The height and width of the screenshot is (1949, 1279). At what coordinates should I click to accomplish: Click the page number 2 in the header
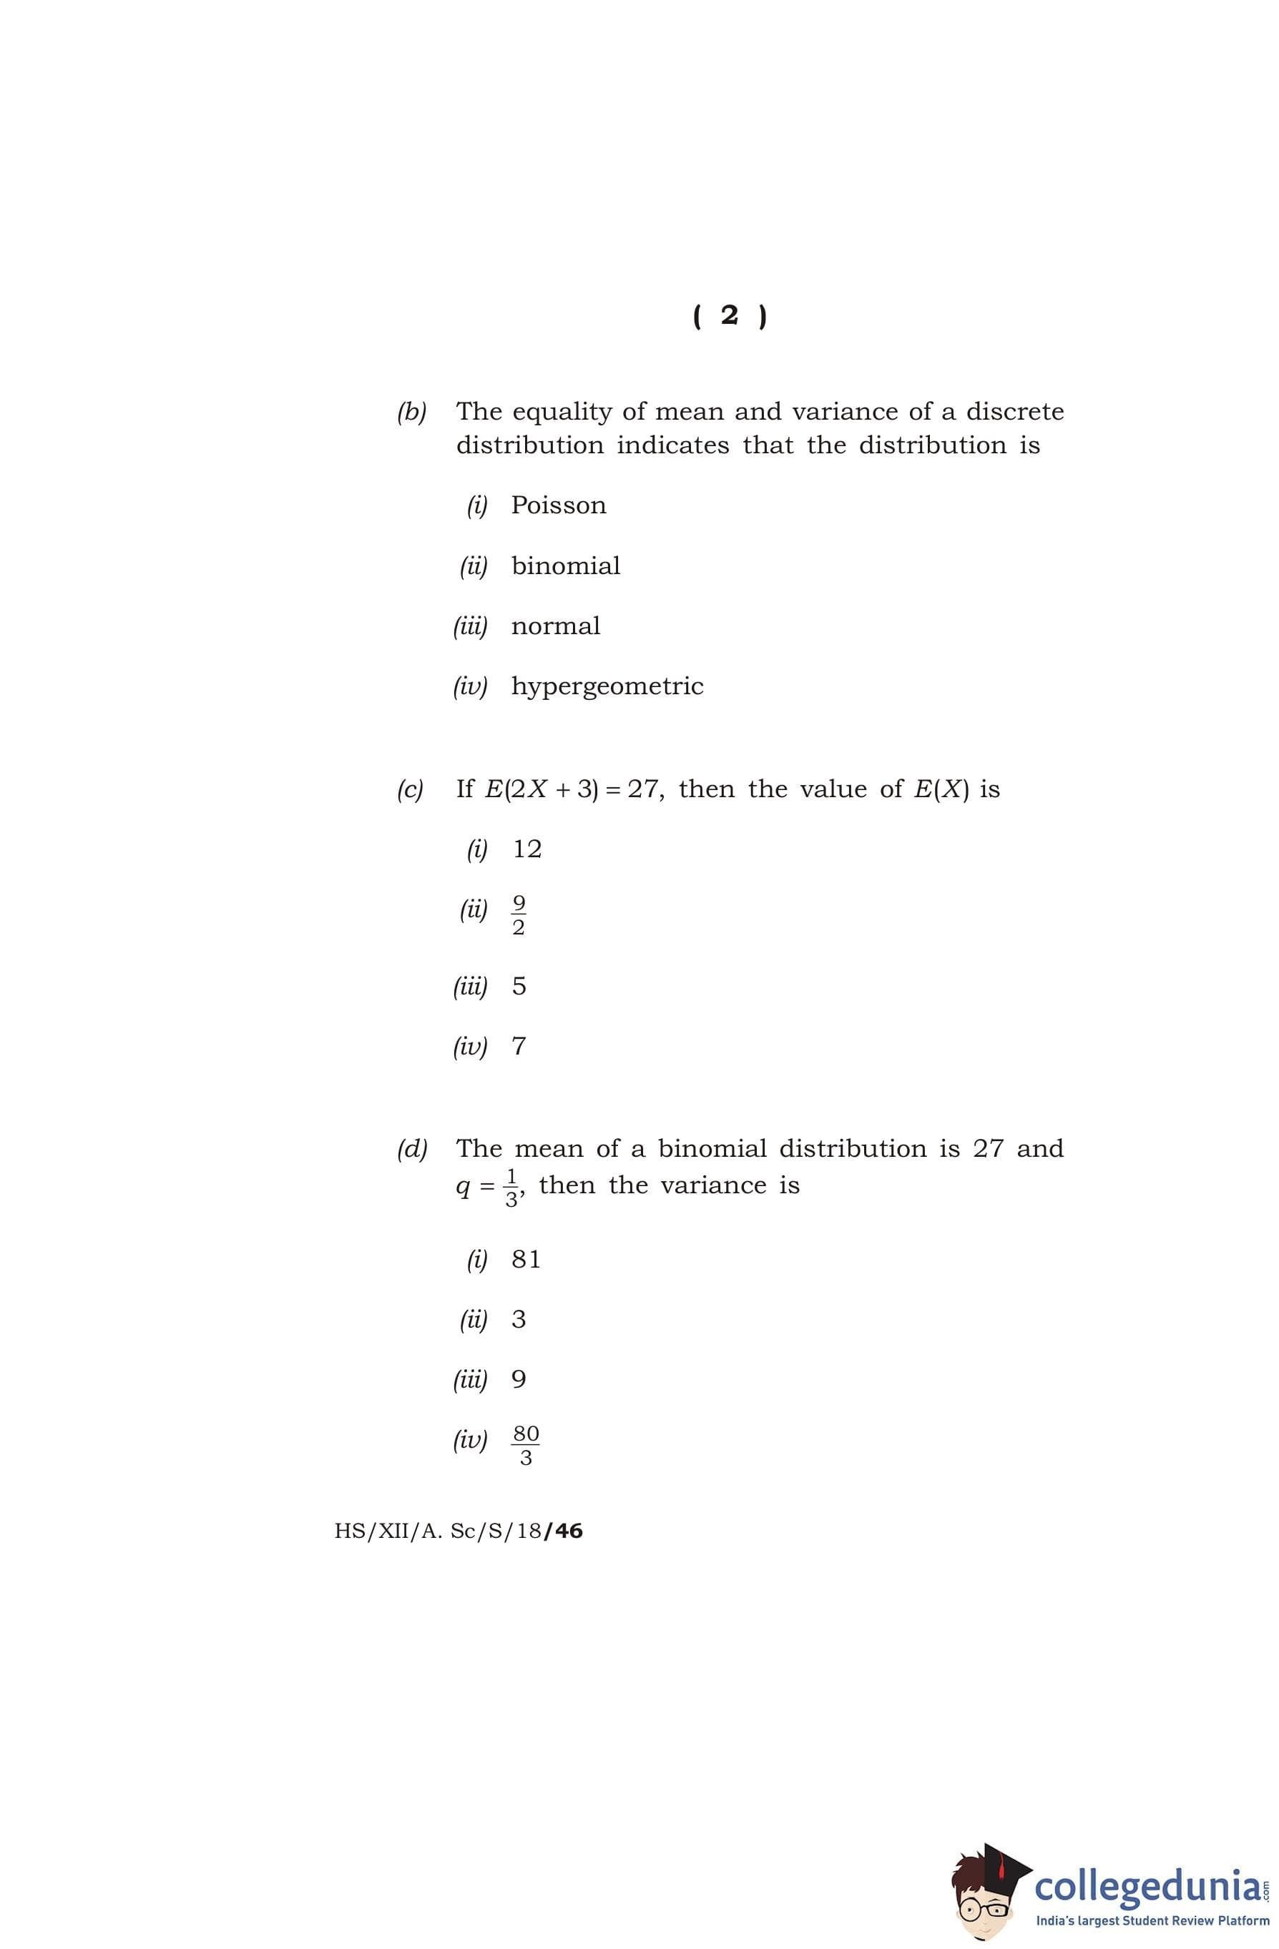[728, 315]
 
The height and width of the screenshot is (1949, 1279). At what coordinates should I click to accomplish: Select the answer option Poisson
[559, 505]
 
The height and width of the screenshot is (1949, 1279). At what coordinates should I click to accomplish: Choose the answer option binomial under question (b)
[565, 566]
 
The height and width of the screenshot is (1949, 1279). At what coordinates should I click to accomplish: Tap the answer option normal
[556, 626]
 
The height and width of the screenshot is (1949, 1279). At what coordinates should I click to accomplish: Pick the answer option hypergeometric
[607, 687]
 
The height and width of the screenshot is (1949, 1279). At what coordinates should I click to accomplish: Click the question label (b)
[411, 412]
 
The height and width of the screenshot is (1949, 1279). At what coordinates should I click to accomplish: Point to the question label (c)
[410, 789]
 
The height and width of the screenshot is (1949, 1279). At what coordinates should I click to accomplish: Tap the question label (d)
[411, 1149]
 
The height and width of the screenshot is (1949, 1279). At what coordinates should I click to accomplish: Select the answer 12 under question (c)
[527, 849]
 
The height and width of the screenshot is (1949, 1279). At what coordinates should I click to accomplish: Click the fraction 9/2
[518, 914]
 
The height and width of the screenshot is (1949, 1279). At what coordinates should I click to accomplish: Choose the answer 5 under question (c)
[519, 986]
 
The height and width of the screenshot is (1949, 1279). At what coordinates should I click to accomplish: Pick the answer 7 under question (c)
[519, 1047]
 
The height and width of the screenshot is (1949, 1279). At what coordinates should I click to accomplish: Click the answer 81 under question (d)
[526, 1260]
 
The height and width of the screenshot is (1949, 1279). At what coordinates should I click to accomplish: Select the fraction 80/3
[525, 1446]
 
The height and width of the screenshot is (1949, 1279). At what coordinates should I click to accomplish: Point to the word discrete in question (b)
[1014, 411]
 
